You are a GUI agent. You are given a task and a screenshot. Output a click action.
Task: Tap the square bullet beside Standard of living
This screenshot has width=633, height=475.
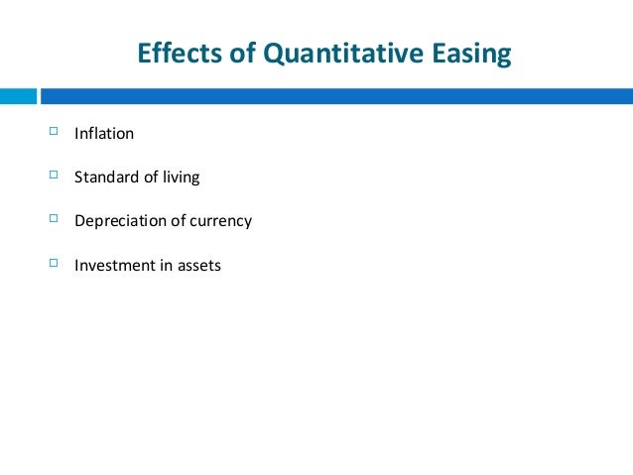53,176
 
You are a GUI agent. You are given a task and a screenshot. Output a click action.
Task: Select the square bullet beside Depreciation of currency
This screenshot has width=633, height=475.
53,219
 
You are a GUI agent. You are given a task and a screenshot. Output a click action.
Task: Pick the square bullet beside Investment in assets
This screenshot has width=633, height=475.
53,264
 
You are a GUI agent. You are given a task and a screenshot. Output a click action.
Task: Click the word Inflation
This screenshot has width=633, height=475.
103,134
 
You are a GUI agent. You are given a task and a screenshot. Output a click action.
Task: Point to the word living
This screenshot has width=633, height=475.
181,178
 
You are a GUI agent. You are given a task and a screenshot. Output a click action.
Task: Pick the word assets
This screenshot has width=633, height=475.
200,266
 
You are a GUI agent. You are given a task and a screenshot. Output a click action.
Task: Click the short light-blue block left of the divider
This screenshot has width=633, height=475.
18,96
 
